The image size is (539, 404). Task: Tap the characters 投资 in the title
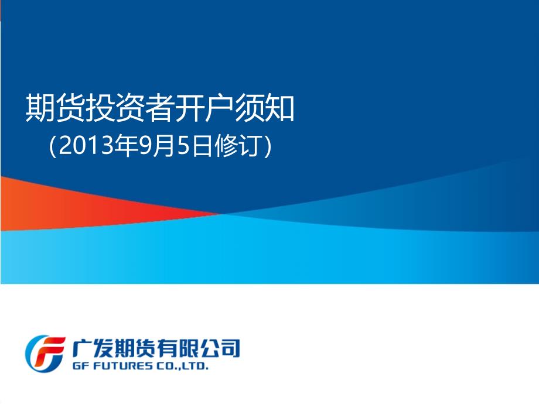(x=115, y=108)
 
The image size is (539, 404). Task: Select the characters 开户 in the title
(x=204, y=108)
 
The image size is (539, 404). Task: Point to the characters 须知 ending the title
(x=264, y=108)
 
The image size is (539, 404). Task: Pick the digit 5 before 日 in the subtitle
(x=184, y=146)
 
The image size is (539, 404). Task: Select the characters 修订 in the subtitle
(x=237, y=146)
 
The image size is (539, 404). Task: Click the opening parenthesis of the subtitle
(x=53, y=146)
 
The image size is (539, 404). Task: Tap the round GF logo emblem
(x=45, y=354)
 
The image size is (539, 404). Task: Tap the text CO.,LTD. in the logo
(x=182, y=366)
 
